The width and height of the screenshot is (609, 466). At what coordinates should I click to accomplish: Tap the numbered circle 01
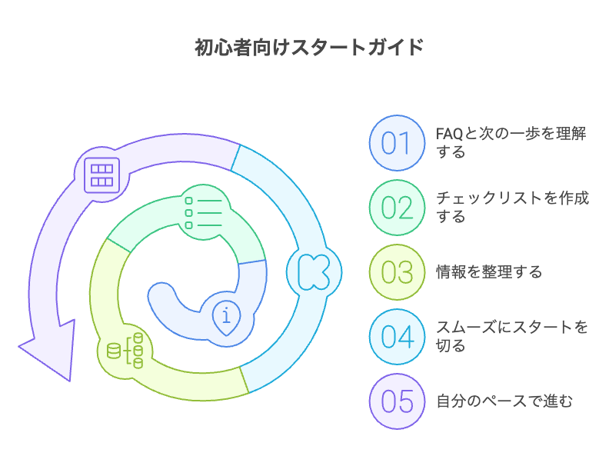coord(397,142)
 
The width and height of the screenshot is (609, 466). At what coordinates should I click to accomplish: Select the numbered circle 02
coord(397,207)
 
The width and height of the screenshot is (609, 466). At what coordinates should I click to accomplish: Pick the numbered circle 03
coord(397,271)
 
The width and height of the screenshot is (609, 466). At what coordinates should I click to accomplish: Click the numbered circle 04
coord(397,336)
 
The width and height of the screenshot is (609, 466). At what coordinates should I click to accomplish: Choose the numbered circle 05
coord(397,401)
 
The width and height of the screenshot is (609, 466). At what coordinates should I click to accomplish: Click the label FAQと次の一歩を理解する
coord(511,142)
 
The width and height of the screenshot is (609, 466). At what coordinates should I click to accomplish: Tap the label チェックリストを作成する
coord(511,207)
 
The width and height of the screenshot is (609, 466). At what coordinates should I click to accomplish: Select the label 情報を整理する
coord(489,271)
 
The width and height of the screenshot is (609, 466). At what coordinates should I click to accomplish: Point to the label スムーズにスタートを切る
coord(511,336)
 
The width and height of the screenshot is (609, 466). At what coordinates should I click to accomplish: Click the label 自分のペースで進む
coord(504,401)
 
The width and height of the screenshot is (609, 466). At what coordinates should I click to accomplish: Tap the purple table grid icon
coord(101,175)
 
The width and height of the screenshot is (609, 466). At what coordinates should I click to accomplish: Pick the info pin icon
coord(226,317)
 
